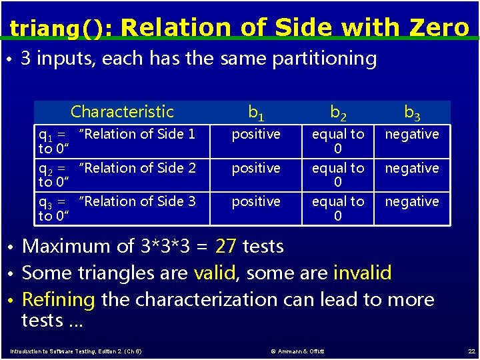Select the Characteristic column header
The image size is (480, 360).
[x=122, y=112]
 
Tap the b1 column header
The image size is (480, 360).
[x=256, y=112]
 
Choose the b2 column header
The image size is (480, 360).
[x=338, y=112]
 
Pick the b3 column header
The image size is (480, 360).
[x=412, y=112]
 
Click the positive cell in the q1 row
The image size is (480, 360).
[x=256, y=135]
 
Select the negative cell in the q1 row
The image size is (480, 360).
[x=412, y=135]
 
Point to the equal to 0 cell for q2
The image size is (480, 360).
[x=338, y=175]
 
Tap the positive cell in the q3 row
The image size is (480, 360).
[x=256, y=201]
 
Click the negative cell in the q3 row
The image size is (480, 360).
[x=412, y=201]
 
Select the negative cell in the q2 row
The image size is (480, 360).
[x=412, y=168]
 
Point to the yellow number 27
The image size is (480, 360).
[x=226, y=247]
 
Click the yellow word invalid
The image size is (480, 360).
[x=362, y=273]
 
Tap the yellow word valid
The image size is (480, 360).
[x=214, y=273]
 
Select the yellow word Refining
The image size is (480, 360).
[x=59, y=299]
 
